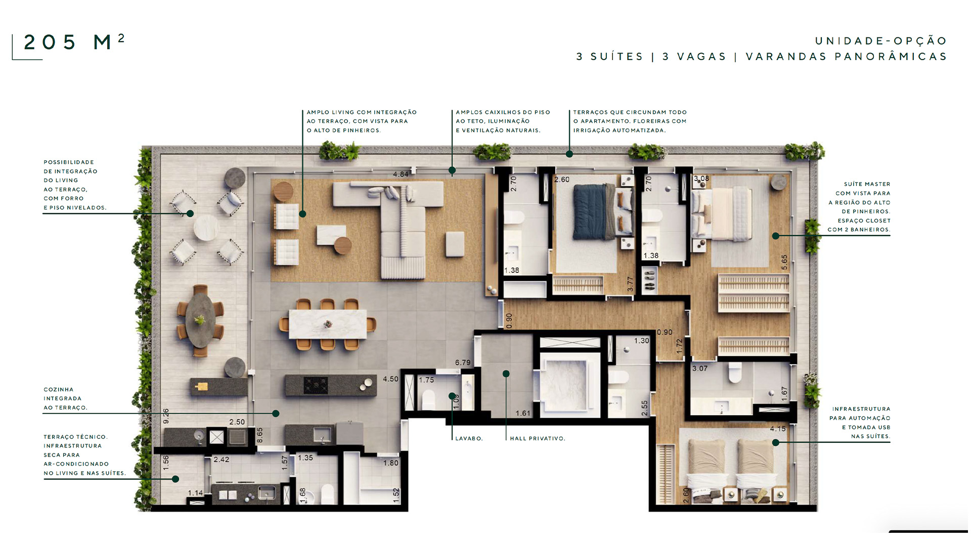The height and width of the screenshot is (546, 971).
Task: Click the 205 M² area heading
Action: point(74,42)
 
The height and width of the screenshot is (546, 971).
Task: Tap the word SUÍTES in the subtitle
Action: point(617,57)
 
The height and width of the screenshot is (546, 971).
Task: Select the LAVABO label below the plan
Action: point(469,438)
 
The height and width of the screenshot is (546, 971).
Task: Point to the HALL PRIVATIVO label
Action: point(538,438)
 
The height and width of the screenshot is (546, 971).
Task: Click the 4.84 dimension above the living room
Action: point(401,174)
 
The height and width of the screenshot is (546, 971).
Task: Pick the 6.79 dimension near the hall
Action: point(463,362)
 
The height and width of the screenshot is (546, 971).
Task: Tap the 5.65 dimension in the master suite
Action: point(784,262)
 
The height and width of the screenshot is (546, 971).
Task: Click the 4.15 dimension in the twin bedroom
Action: point(778,429)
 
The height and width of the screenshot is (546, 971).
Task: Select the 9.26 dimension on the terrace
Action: point(166,416)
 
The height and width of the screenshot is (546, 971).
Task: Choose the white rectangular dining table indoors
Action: point(328,324)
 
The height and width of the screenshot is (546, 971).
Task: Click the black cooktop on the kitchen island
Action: point(316,385)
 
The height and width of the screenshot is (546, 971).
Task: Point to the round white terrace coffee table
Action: point(206,227)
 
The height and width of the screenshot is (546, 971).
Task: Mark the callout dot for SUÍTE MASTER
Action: point(775,236)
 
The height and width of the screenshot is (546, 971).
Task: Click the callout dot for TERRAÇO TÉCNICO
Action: point(175,479)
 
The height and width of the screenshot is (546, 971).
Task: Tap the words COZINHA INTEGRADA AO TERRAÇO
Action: point(65,398)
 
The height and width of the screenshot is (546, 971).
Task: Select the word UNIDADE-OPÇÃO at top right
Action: point(881,40)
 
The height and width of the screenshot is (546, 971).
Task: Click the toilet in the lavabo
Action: point(428,399)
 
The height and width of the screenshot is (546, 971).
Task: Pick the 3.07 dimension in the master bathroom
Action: point(700,369)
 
